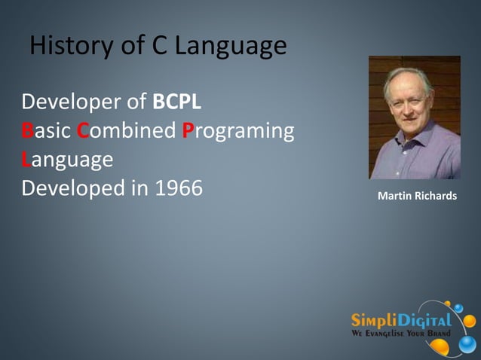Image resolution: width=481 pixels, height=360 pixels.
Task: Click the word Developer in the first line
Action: click(73, 102)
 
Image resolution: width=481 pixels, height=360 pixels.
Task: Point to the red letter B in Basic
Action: click(27, 131)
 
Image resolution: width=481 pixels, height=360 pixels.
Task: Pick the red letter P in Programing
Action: click(189, 131)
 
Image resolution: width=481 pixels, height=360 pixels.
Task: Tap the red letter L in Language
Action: click(26, 160)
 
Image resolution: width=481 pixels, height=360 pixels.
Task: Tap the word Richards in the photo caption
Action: click(436, 196)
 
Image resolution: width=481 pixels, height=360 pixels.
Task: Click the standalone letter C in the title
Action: click(160, 47)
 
